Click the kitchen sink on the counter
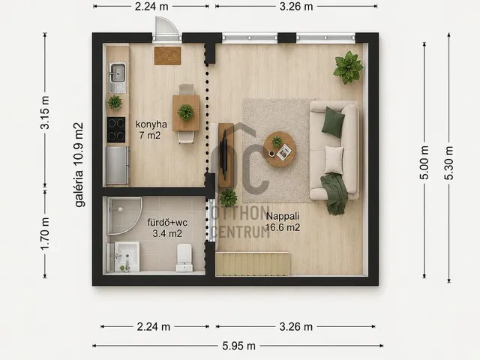click(x=117, y=78)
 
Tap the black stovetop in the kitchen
click(x=116, y=130)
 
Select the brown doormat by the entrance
click(x=167, y=55)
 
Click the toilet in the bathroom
click(x=184, y=257)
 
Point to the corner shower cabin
click(x=124, y=216)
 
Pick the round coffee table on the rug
click(x=280, y=149)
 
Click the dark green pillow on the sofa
click(x=333, y=121)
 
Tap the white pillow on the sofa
click(x=334, y=160)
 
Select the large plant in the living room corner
click(x=348, y=67)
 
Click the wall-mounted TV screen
click(x=224, y=154)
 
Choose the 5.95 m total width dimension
click(x=238, y=346)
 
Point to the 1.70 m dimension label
click(x=45, y=234)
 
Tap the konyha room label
click(x=151, y=124)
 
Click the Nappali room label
click(x=283, y=216)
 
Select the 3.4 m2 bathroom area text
click(x=167, y=233)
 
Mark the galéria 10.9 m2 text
click(x=79, y=165)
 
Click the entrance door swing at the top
click(x=166, y=28)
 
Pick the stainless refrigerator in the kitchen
click(x=118, y=165)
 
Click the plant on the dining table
click(x=186, y=112)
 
